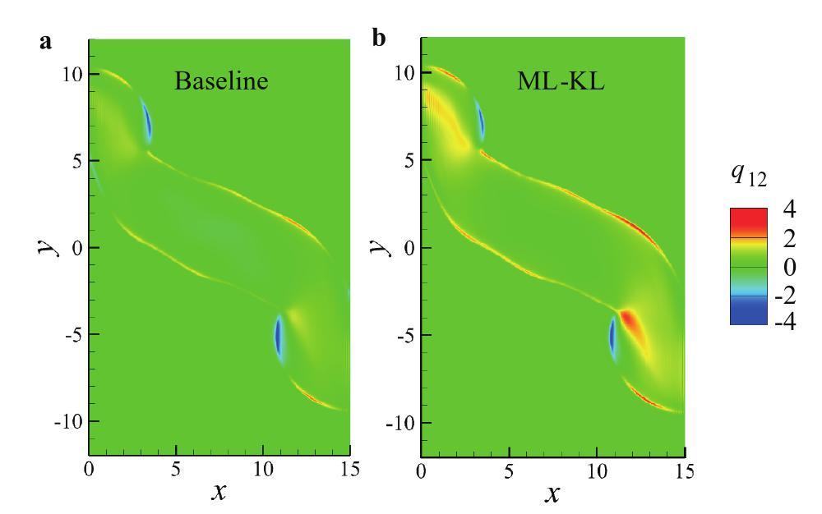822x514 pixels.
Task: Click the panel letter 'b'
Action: click(379, 41)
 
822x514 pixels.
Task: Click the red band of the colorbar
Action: click(747, 220)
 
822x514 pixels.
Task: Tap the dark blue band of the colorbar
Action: click(747, 312)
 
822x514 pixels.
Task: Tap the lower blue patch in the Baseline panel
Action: click(279, 338)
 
